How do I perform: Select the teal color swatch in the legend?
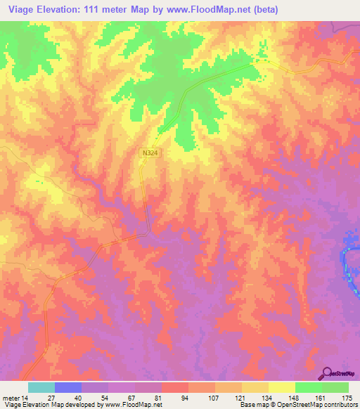point(41,387)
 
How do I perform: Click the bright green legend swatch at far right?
point(335,387)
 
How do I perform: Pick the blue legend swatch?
point(68,387)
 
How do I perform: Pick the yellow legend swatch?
point(282,387)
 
